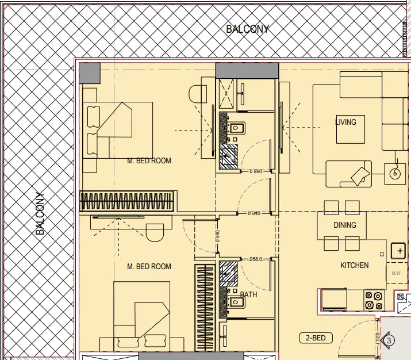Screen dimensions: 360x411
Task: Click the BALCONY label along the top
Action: tap(247, 29)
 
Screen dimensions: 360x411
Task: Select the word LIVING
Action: tap(345, 122)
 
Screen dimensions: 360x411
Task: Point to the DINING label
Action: tap(345, 225)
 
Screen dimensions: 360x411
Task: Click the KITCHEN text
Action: tap(355, 265)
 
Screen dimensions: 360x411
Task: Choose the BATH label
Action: tap(249, 294)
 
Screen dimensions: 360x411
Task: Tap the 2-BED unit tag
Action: tap(316, 338)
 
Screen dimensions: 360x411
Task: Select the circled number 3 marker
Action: tap(389, 341)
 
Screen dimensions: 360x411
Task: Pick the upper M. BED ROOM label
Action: tap(149, 160)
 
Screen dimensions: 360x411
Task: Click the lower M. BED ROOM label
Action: tap(149, 266)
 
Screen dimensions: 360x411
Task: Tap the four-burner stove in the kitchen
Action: tap(374, 299)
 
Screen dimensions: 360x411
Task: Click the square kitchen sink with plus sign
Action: tap(398, 251)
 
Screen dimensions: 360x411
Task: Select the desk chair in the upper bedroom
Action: tap(198, 94)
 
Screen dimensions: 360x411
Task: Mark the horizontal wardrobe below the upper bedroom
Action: tap(126, 202)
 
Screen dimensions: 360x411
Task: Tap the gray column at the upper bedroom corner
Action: tap(90, 73)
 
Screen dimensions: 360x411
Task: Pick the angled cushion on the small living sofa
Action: tap(361, 175)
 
